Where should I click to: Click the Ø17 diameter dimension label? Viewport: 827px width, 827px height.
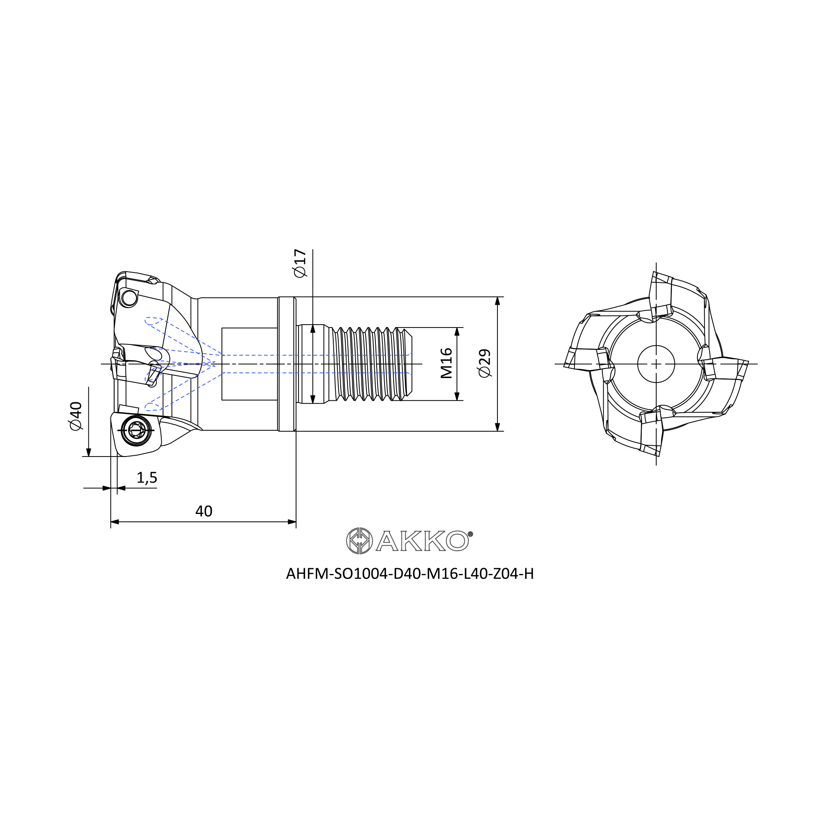(300, 263)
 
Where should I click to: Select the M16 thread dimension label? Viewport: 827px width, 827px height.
(447, 363)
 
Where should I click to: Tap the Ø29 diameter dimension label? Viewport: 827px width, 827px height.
(485, 364)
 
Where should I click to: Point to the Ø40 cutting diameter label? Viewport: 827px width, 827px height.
(75, 416)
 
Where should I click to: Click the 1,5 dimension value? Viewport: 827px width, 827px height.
(147, 478)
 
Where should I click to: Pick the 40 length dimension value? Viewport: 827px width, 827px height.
(204, 511)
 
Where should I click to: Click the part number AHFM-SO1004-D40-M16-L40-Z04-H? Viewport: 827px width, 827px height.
(410, 574)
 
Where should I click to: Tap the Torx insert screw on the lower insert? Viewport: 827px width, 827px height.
(136, 430)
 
